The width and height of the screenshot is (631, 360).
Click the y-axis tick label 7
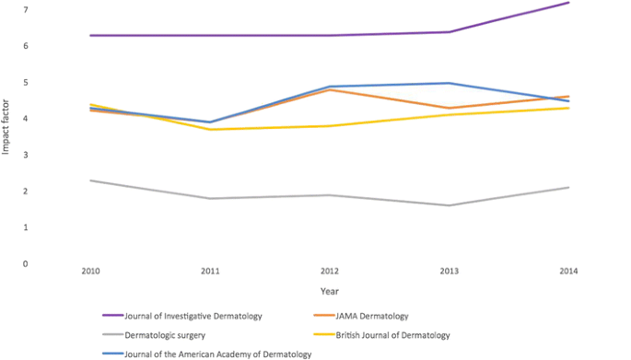(x=26, y=9)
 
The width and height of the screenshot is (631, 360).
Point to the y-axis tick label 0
(x=26, y=264)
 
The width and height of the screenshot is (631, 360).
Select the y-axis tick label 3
(x=26, y=155)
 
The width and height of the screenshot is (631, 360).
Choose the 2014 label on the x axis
(x=568, y=272)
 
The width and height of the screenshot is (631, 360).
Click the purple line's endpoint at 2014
(x=568, y=3)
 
